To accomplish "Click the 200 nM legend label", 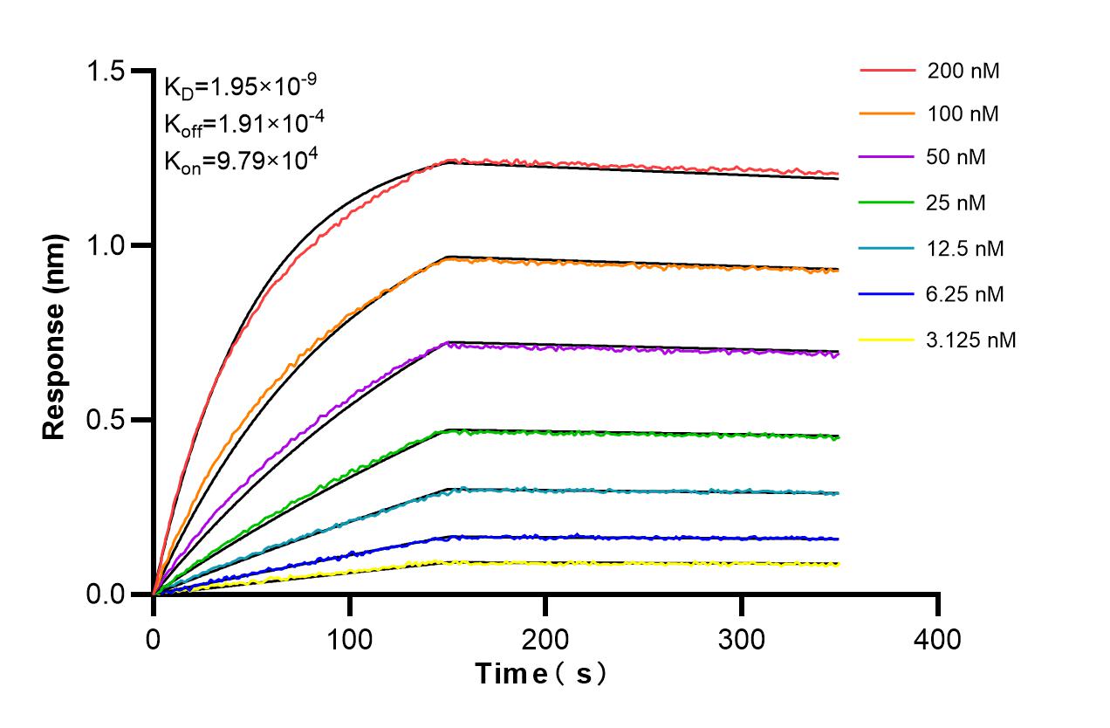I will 963,71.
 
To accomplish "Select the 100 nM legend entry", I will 963,114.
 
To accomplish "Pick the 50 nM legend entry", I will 958,158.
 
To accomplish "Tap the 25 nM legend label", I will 958,203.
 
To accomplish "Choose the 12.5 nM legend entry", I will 965,249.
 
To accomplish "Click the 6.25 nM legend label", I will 965,294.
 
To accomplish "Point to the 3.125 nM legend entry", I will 970,340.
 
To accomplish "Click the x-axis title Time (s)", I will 540,674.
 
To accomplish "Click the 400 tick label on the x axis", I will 938,639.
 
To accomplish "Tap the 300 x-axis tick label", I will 742,639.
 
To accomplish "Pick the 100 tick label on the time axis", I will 349,639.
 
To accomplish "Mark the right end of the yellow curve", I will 838,565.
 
